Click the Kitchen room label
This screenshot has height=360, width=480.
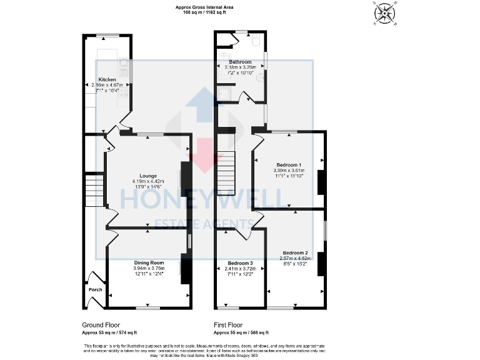click(x=107, y=79)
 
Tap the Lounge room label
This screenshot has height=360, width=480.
click(x=148, y=176)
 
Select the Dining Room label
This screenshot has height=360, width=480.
click(x=149, y=262)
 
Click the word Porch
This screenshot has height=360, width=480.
click(x=95, y=289)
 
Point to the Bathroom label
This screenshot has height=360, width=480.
click(x=240, y=62)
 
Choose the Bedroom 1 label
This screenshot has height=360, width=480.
click(x=288, y=164)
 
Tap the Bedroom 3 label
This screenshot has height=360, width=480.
click(x=240, y=263)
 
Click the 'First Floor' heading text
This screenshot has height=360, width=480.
click(x=227, y=325)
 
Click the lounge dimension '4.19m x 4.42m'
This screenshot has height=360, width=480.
click(x=148, y=181)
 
